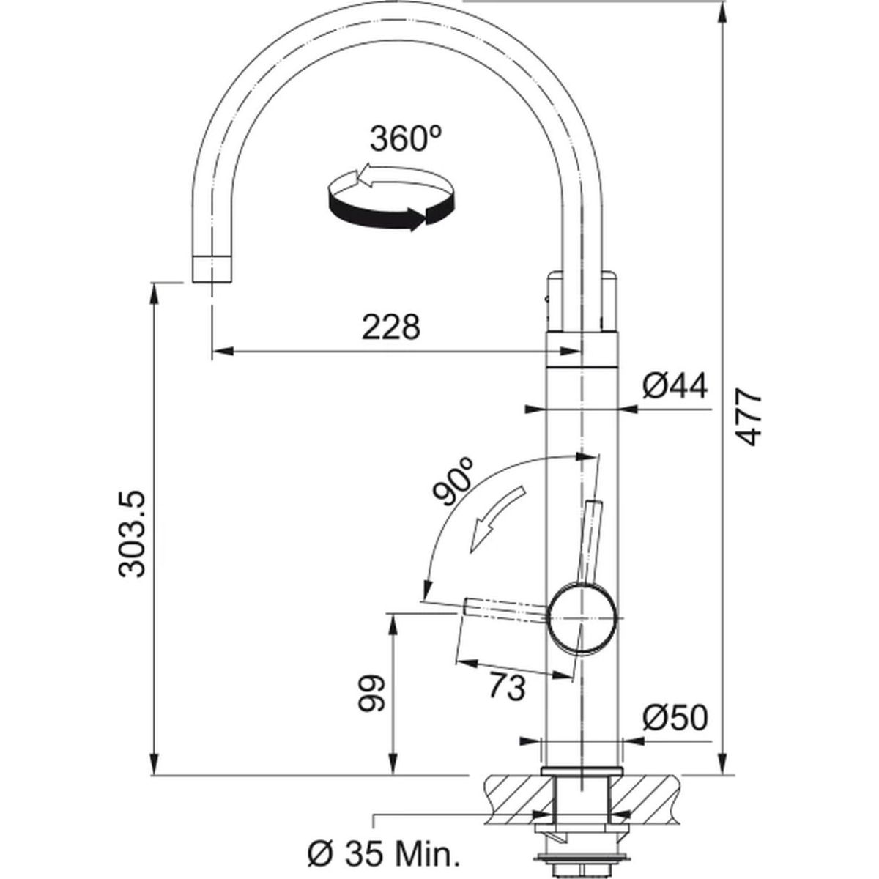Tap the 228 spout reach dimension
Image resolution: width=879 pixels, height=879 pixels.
391,327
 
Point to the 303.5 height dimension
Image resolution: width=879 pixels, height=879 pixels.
132,535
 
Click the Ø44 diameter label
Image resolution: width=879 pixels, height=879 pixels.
675,386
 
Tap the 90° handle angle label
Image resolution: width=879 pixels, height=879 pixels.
454,482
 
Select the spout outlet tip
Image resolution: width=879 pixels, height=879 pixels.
212,270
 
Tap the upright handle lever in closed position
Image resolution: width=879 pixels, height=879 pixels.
590,542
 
